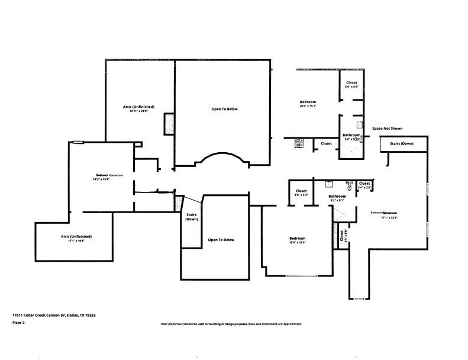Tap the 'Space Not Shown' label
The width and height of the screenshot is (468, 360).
coord(388,128)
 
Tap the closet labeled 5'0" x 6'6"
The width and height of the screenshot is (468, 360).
coord(351,84)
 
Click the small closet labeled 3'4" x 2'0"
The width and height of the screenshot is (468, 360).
coord(364,186)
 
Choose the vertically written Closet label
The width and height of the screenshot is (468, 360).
coord(343,235)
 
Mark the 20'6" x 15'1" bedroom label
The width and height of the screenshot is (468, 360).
coord(308,104)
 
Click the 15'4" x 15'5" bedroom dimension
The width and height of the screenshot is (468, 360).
coord(297,243)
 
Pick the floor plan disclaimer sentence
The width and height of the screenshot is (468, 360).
coord(231,324)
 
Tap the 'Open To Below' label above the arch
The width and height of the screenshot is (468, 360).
coord(224,109)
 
